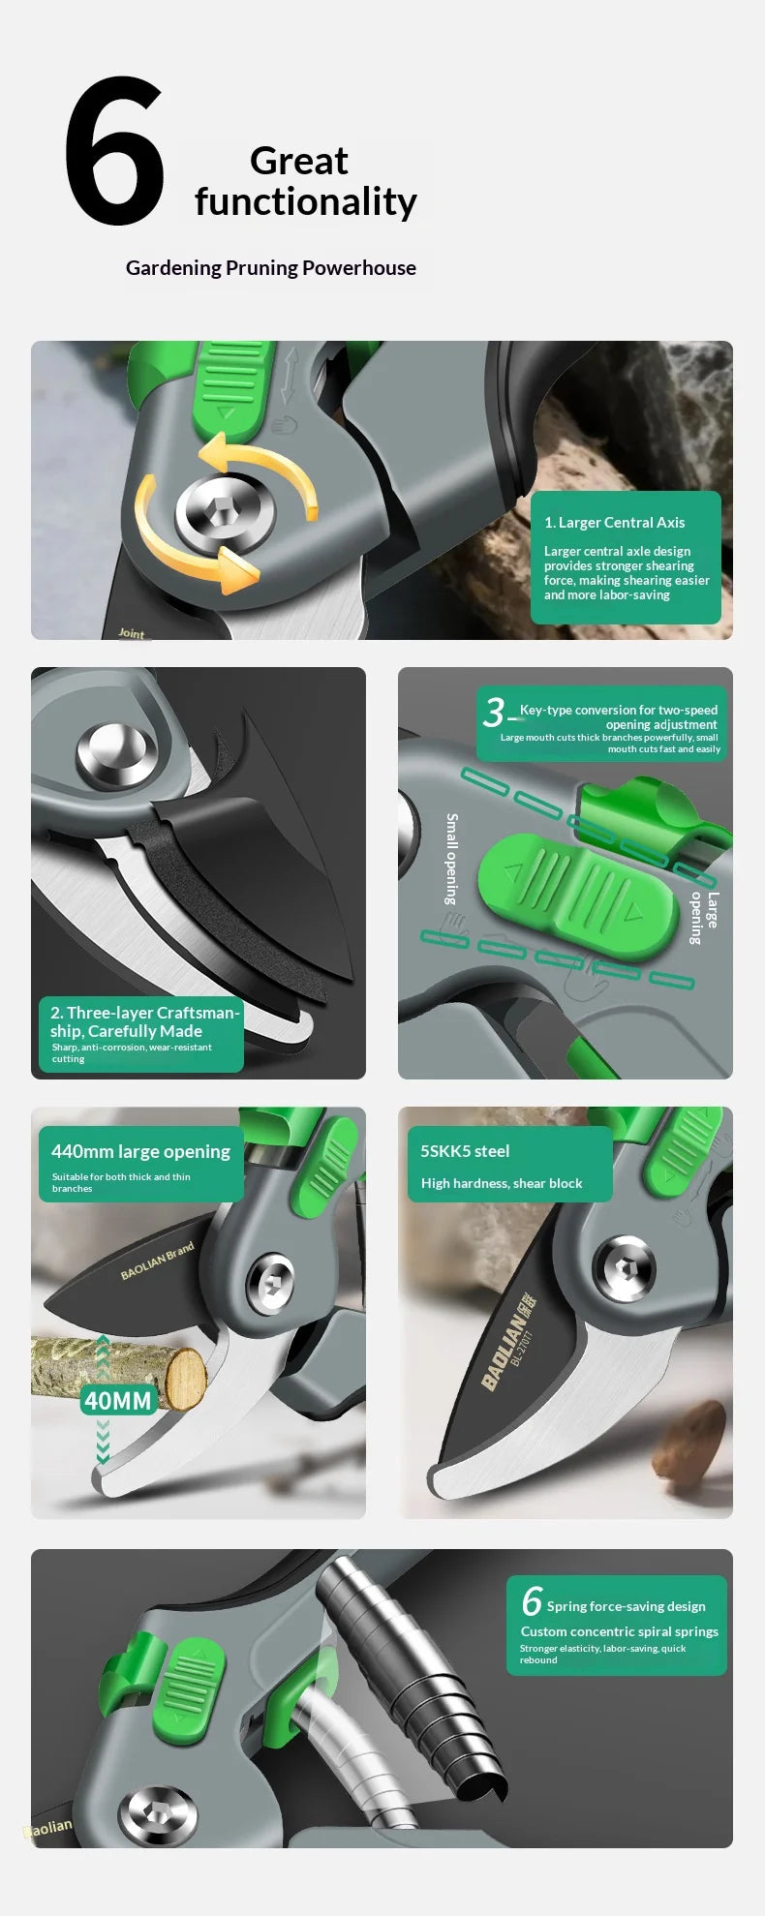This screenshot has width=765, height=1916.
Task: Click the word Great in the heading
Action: tap(298, 161)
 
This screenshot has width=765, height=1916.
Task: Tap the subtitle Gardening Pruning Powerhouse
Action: tap(271, 268)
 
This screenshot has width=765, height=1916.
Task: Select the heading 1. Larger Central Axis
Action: tap(614, 523)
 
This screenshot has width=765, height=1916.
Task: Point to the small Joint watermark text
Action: tap(131, 633)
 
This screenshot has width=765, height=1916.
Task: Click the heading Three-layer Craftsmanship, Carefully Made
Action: tap(144, 1021)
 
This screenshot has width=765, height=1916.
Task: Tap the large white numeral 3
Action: tap(494, 713)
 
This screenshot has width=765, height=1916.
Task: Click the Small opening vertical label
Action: tap(451, 859)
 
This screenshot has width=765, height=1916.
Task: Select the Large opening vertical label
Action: tap(704, 918)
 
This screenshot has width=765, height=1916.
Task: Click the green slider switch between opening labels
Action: tap(578, 897)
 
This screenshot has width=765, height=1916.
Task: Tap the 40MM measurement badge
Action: tap(118, 1400)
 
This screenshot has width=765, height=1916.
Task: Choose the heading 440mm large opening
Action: tap(140, 1151)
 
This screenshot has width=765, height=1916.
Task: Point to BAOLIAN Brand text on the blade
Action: tap(157, 1261)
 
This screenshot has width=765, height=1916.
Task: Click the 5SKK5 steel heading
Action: tap(465, 1151)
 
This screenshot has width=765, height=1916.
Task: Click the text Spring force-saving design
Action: tap(626, 1606)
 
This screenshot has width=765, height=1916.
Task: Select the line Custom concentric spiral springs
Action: tap(620, 1631)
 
